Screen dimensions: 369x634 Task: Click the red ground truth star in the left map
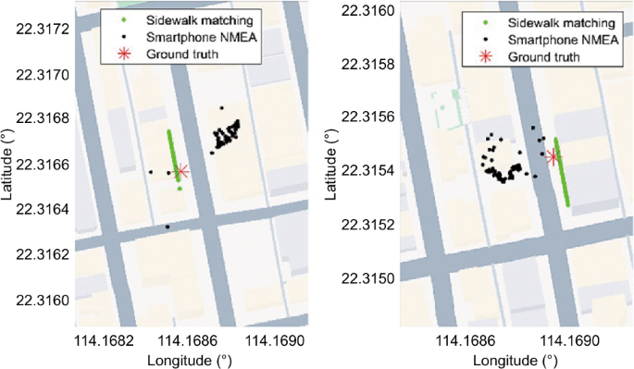pos(181,171)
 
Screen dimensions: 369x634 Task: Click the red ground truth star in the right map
pos(553,157)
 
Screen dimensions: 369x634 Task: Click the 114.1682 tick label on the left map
pos(105,339)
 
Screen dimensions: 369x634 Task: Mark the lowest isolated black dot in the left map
pos(167,227)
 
